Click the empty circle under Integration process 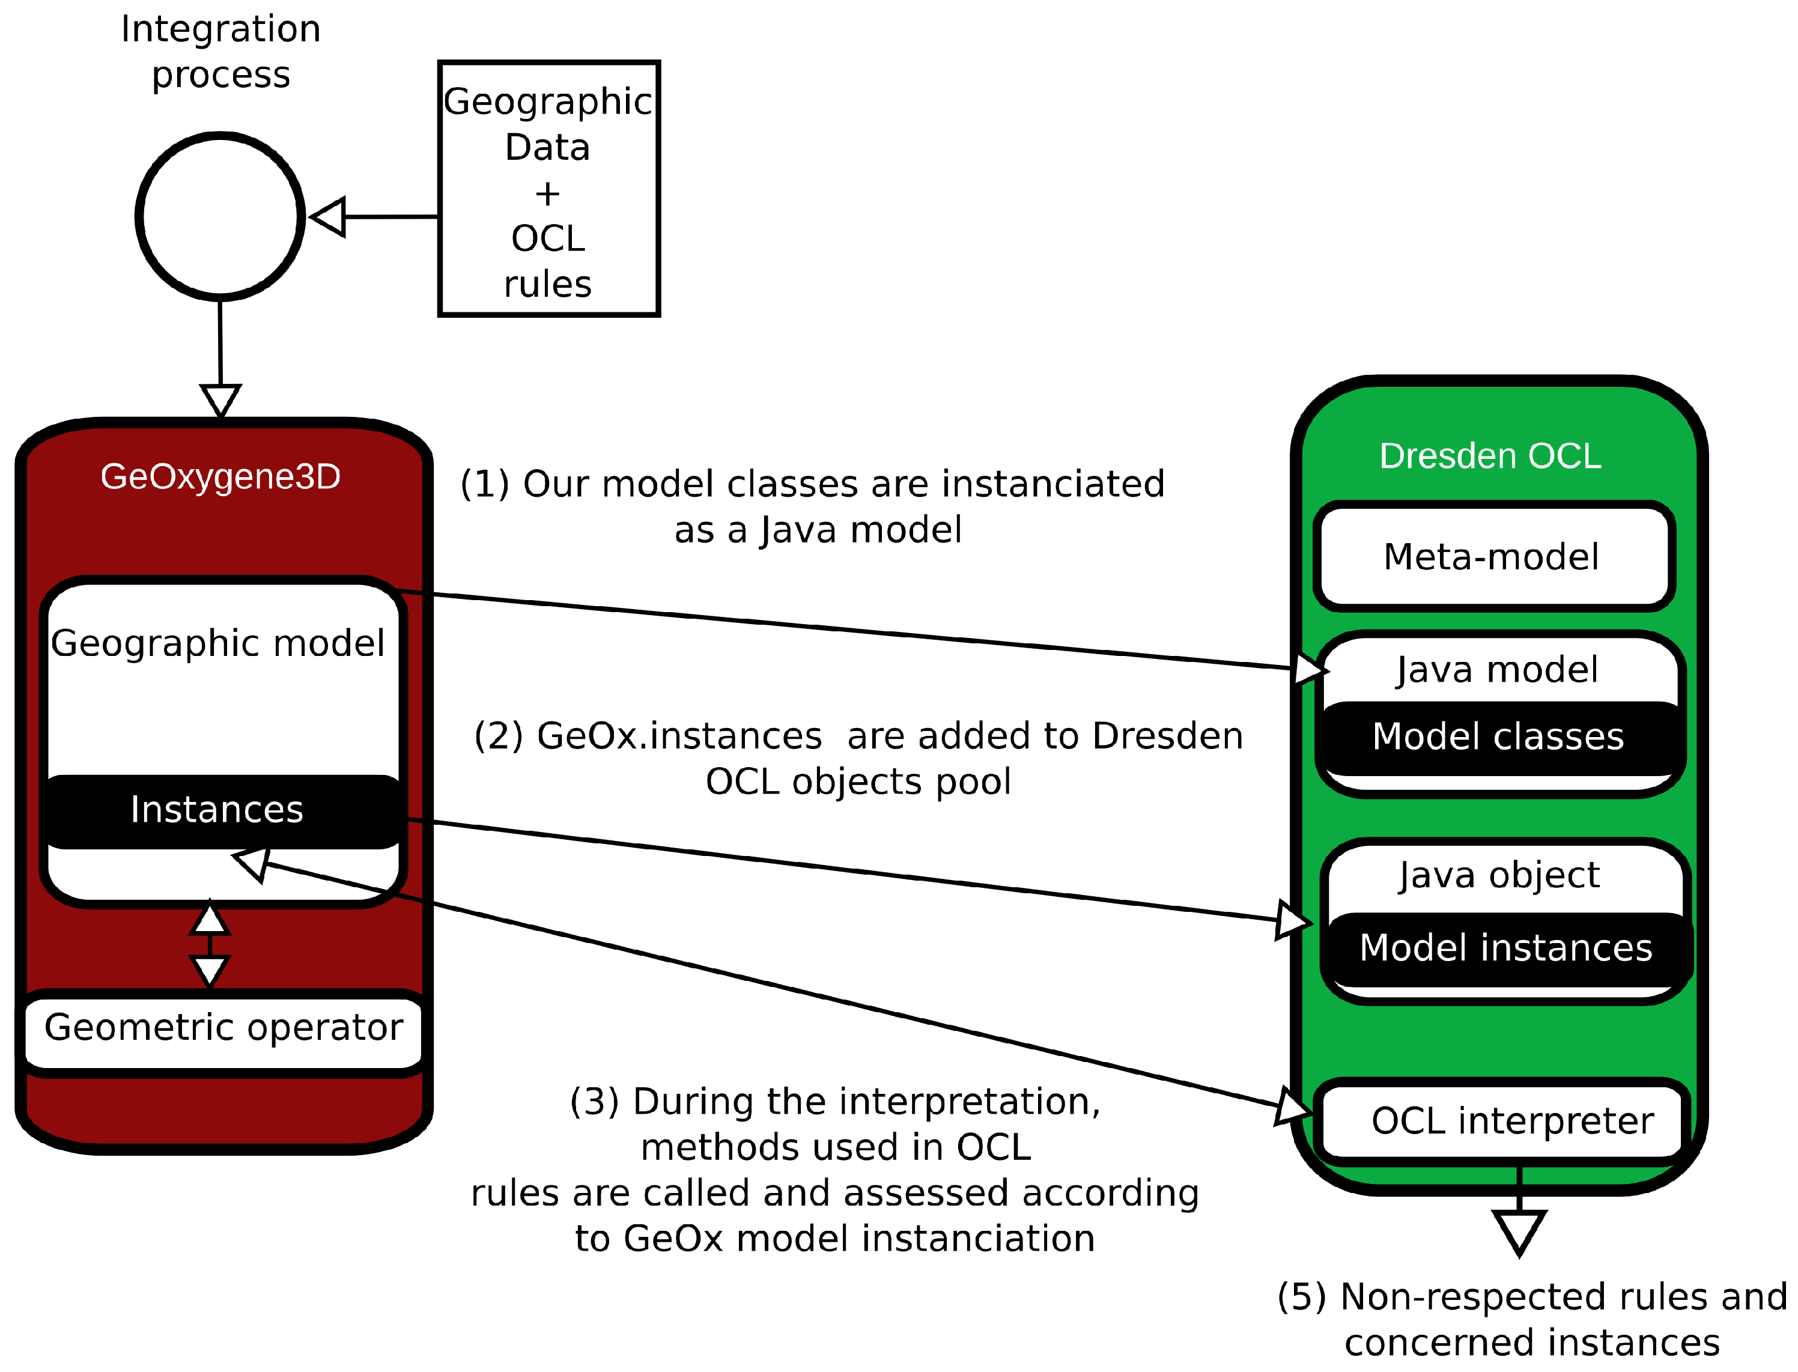(x=220, y=216)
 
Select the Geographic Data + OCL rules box (x=548, y=189)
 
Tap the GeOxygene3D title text (x=220, y=476)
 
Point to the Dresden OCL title (x=1490, y=456)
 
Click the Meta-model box (x=1493, y=557)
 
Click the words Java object (x=1499, y=875)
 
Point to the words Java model (x=1496, y=670)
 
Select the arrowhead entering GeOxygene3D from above (x=220, y=400)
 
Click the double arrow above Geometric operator (x=210, y=945)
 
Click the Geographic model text (x=218, y=643)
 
